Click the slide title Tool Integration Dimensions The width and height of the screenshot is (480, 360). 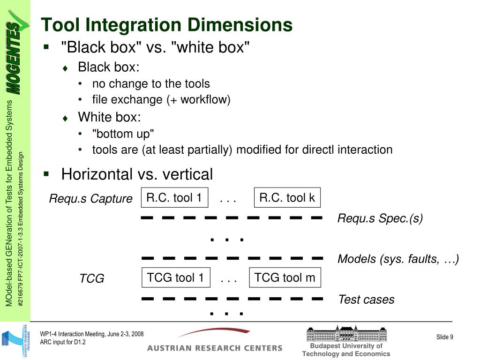pyautogui.click(x=166, y=24)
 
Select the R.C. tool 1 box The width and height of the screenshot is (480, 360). pyautogui.click(x=174, y=198)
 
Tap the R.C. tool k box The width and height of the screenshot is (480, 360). pyautogui.click(x=287, y=198)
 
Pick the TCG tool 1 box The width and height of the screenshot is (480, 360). pyautogui.click(x=175, y=278)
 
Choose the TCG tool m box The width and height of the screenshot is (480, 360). pyautogui.click(x=285, y=278)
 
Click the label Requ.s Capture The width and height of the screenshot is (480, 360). pyautogui.click(x=91, y=199)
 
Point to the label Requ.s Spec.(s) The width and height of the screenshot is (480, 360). pyautogui.click(x=380, y=218)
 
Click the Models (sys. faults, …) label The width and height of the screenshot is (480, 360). pyautogui.click(x=398, y=259)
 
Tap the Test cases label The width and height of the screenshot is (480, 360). pyautogui.click(x=366, y=300)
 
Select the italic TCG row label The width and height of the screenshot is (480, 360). pyautogui.click(x=91, y=279)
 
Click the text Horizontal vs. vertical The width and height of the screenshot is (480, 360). pyautogui.click(x=137, y=174)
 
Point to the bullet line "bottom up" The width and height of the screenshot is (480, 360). pyautogui.click(x=123, y=134)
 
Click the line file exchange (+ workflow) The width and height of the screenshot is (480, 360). pyautogui.click(x=161, y=99)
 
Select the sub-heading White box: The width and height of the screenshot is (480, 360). pyautogui.click(x=109, y=117)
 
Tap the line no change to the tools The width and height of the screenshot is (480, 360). pyautogui.click(x=151, y=83)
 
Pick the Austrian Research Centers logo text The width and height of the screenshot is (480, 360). pyautogui.click(x=215, y=348)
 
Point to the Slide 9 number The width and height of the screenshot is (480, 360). pyautogui.click(x=445, y=337)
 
